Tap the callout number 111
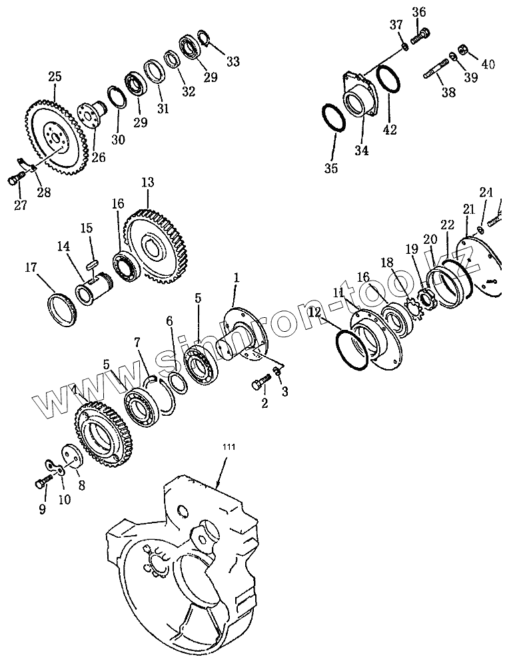[x=228, y=447]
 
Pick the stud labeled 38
[x=436, y=70]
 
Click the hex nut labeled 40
[x=463, y=49]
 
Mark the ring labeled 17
[x=62, y=310]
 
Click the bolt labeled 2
[x=260, y=380]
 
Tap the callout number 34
[x=362, y=150]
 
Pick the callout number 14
[x=63, y=247]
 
